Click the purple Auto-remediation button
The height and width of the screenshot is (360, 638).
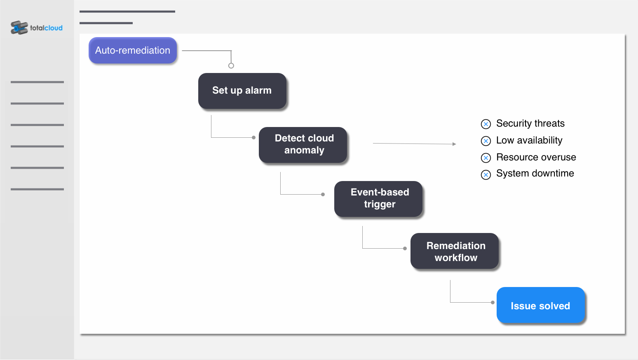tap(133, 50)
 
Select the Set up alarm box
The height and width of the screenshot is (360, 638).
tap(242, 91)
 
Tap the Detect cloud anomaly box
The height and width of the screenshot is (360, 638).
tap(303, 145)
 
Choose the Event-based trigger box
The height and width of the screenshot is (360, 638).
tap(378, 199)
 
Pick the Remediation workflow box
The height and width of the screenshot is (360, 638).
tap(455, 251)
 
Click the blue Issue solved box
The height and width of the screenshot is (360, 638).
tap(541, 305)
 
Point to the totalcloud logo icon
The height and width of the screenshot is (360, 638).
tap(19, 28)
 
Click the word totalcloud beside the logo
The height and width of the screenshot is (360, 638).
tap(46, 28)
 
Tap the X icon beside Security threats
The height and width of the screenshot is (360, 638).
tap(486, 124)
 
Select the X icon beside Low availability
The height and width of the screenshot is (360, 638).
tap(486, 141)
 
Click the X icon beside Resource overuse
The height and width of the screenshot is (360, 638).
tap(486, 158)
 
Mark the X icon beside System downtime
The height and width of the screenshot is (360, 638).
tap(486, 174)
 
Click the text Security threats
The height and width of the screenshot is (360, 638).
tap(530, 123)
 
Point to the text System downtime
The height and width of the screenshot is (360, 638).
tap(535, 173)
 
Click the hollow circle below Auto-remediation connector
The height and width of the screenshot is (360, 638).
tap(231, 66)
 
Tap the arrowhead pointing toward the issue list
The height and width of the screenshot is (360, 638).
tap(454, 144)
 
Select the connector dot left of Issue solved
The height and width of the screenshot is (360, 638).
tap(493, 302)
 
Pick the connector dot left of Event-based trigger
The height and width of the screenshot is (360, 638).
tap(323, 194)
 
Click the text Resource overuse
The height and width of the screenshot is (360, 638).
tap(536, 157)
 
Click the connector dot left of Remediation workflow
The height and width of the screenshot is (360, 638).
tap(405, 248)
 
